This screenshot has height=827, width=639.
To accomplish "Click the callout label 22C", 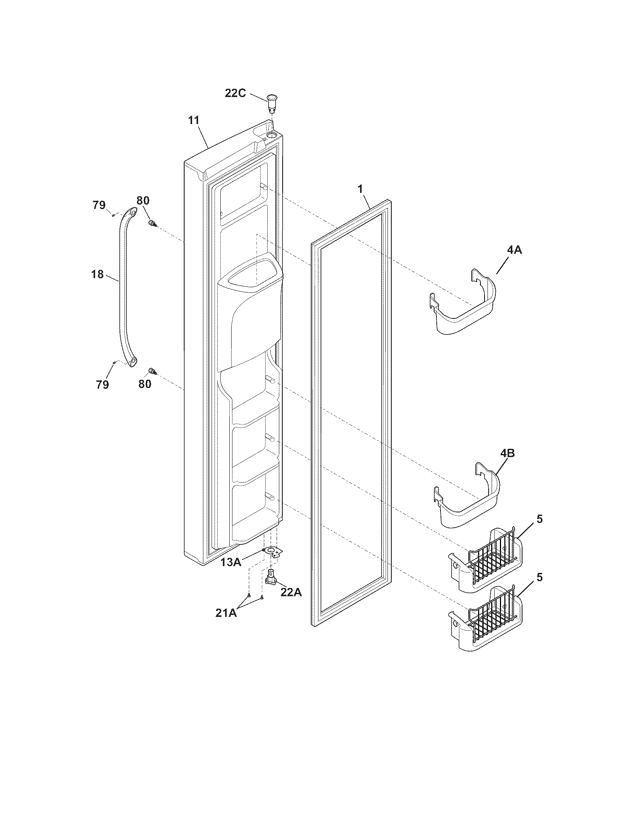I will click(x=235, y=93).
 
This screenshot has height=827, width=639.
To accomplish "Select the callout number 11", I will click(x=194, y=121).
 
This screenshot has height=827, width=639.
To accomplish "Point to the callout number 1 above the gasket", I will click(x=360, y=188).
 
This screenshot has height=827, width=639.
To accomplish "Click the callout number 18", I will click(x=97, y=274).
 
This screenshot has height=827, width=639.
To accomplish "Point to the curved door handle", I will click(x=123, y=288).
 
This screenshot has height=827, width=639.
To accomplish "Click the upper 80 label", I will click(x=143, y=201).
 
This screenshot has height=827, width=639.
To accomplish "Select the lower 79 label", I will click(x=102, y=385).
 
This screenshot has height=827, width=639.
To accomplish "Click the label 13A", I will click(x=232, y=562).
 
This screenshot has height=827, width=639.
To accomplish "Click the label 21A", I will click(x=226, y=613).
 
